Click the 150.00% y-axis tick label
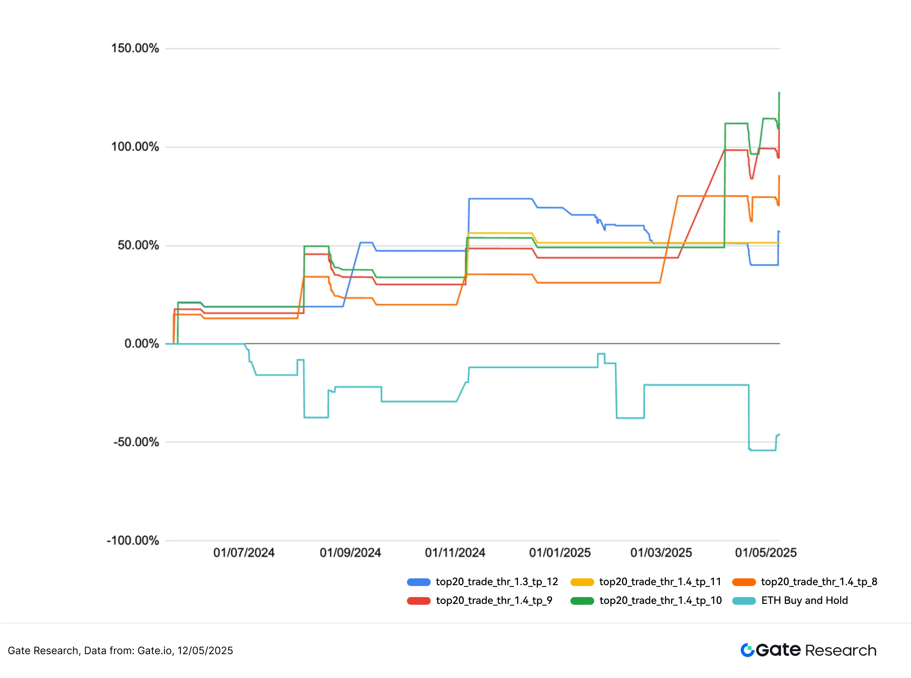click(135, 48)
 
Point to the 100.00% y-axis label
click(135, 147)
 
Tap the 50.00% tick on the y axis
click(138, 245)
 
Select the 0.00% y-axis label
click(141, 344)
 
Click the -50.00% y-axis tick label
click(136, 442)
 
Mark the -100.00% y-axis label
click(133, 541)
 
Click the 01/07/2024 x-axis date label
click(244, 553)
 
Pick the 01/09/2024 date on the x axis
click(350, 553)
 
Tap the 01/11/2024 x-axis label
click(455, 553)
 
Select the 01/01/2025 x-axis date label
click(560, 553)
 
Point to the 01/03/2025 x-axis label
click(661, 553)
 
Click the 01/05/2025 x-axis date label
click(766, 553)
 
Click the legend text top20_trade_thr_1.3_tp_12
click(497, 582)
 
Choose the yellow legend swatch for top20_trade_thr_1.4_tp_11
click(582, 582)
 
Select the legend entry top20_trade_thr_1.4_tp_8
click(819, 582)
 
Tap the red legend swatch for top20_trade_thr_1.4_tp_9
click(419, 601)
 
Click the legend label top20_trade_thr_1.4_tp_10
click(661, 600)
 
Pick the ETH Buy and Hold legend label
click(805, 600)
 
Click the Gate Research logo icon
click(748, 650)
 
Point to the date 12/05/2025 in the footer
click(205, 651)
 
